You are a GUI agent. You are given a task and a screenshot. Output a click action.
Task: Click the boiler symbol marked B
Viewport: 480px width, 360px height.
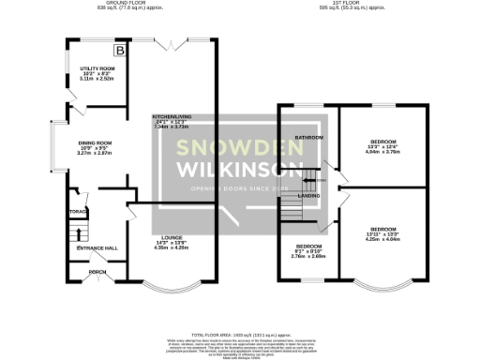pyautogui.click(x=119, y=50)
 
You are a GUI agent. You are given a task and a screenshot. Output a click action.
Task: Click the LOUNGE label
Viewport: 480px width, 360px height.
pyautogui.click(x=170, y=237)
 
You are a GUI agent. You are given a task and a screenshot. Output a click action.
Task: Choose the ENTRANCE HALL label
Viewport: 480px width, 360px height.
pyautogui.click(x=103, y=247)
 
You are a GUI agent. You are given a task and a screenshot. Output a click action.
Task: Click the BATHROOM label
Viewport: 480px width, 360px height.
pyautogui.click(x=309, y=138)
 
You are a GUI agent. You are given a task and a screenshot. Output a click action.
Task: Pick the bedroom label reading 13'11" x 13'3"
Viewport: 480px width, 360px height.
pyautogui.click(x=382, y=229)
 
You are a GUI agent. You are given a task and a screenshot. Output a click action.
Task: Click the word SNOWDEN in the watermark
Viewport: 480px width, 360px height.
pyautogui.click(x=240, y=147)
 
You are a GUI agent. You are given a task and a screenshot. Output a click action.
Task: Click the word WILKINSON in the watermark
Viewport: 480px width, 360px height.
pyautogui.click(x=240, y=172)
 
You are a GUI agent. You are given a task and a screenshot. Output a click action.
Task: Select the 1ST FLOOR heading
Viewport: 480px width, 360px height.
pyautogui.click(x=352, y=4)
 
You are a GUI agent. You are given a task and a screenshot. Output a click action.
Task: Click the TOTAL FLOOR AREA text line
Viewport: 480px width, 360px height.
pyautogui.click(x=240, y=334)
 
